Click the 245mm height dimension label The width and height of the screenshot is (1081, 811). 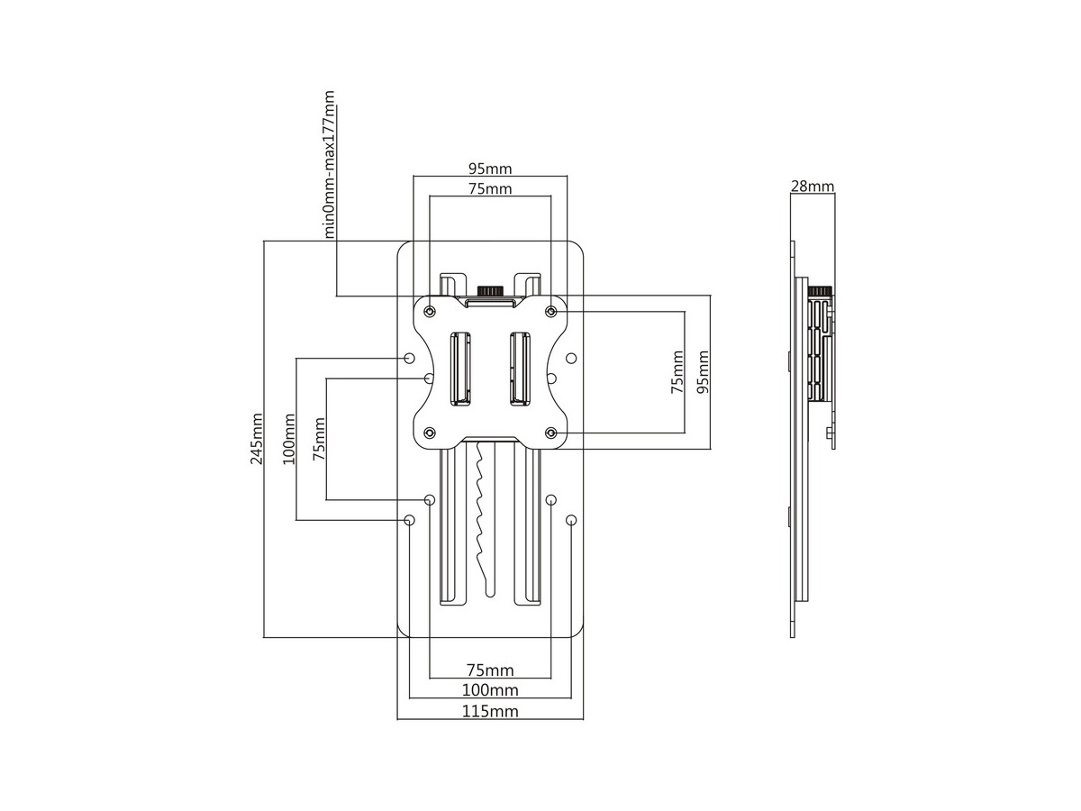(x=256, y=439)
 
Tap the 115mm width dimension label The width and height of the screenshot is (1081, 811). (x=489, y=711)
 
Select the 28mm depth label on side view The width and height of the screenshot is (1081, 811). (x=813, y=187)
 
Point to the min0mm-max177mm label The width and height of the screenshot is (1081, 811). (x=328, y=164)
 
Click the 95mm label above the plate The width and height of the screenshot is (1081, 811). (x=489, y=169)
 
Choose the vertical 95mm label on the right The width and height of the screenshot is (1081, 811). (x=703, y=372)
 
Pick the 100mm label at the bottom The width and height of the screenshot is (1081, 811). (x=489, y=690)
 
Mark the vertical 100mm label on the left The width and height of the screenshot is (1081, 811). (x=288, y=439)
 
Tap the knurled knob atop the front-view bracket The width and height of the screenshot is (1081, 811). (x=489, y=290)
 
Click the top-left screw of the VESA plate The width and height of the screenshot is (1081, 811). (x=430, y=311)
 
